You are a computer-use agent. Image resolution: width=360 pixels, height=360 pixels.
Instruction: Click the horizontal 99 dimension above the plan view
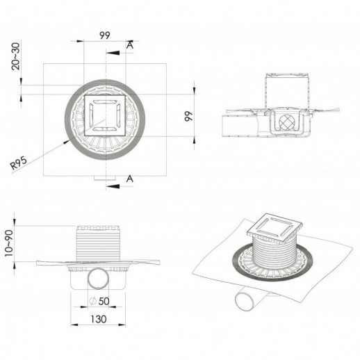pyautogui.click(x=105, y=35)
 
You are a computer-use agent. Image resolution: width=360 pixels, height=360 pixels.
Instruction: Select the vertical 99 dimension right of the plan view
pyautogui.click(x=189, y=116)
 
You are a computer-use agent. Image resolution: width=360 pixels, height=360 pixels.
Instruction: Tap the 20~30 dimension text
pyautogui.click(x=16, y=56)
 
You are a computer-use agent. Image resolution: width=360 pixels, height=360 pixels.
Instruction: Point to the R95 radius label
pyautogui.click(x=19, y=163)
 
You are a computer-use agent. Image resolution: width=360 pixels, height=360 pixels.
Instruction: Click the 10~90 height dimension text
pyautogui.click(x=9, y=243)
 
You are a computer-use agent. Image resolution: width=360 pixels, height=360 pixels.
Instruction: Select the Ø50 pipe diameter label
pyautogui.click(x=99, y=301)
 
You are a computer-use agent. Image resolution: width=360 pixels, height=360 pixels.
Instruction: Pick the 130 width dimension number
pyautogui.click(x=99, y=319)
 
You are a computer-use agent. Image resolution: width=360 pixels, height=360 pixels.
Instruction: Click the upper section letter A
pyautogui.click(x=130, y=45)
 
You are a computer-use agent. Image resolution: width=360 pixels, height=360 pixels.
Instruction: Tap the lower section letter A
pyautogui.click(x=130, y=179)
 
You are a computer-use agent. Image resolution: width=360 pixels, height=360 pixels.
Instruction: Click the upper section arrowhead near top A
pyautogui.click(x=113, y=53)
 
